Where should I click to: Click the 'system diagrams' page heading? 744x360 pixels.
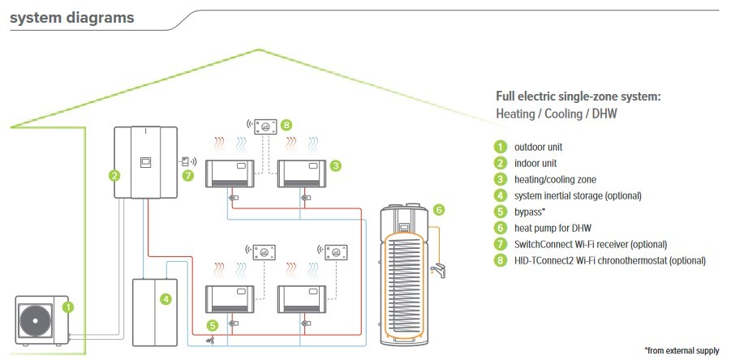point(72,17)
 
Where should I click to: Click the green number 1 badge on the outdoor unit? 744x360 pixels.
point(68,307)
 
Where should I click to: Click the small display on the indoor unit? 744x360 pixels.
point(144,161)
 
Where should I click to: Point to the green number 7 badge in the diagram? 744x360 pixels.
point(188,174)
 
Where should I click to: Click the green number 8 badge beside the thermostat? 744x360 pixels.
point(286,126)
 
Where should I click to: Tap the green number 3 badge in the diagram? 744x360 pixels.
point(335,165)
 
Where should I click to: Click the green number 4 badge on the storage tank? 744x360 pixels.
point(166,298)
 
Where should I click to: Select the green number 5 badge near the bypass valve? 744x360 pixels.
point(212,325)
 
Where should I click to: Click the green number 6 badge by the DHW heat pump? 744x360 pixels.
point(439,209)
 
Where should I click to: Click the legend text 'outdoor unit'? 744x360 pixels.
point(538,147)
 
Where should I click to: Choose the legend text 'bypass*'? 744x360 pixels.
point(530,212)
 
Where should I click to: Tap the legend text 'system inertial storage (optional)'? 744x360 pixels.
point(578,195)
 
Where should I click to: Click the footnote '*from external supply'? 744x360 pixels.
point(682,350)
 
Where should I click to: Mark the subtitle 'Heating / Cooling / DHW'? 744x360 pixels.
point(556,114)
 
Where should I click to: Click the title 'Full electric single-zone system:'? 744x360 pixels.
point(578,96)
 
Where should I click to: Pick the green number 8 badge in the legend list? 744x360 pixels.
point(501,260)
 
